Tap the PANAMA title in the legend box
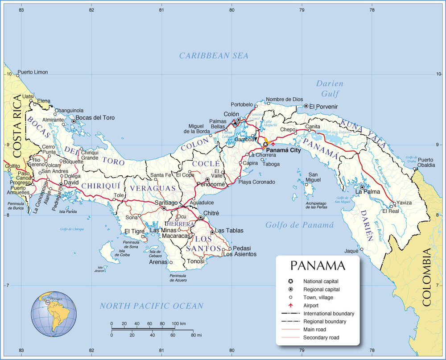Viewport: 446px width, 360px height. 318,266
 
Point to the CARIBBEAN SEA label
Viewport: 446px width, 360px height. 214,56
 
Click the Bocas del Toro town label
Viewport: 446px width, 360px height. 95,118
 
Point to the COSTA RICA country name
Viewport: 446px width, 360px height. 17,126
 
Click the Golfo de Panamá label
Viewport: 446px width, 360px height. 299,225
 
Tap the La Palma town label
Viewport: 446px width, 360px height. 368,192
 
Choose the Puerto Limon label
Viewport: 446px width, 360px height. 33,72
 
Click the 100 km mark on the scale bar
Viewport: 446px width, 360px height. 178,323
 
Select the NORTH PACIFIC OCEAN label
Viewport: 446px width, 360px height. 151,306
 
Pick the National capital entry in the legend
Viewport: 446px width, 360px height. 321,281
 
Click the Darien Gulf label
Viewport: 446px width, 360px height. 330,88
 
